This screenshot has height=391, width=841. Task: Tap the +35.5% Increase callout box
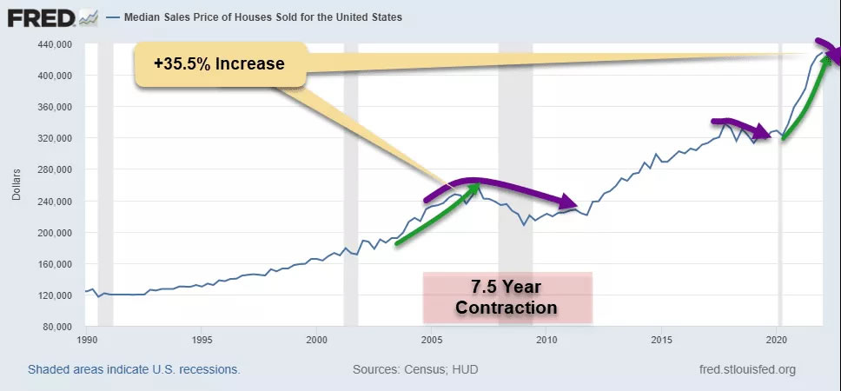pyautogui.click(x=221, y=64)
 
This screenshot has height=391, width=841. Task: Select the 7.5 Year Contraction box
pyautogui.click(x=507, y=297)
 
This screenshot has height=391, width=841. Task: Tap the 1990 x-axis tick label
pyautogui.click(x=86, y=340)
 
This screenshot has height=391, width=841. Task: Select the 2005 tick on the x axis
pyautogui.click(x=432, y=340)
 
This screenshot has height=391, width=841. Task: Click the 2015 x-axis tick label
pyautogui.click(x=662, y=340)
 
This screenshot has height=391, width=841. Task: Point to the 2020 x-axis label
pyautogui.click(x=778, y=340)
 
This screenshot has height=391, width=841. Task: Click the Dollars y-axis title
pyautogui.click(x=16, y=185)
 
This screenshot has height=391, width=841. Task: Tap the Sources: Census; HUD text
pyautogui.click(x=415, y=370)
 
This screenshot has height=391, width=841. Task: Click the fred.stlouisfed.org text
pyautogui.click(x=746, y=370)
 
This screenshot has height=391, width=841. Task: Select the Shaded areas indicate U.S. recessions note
pyautogui.click(x=134, y=370)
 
